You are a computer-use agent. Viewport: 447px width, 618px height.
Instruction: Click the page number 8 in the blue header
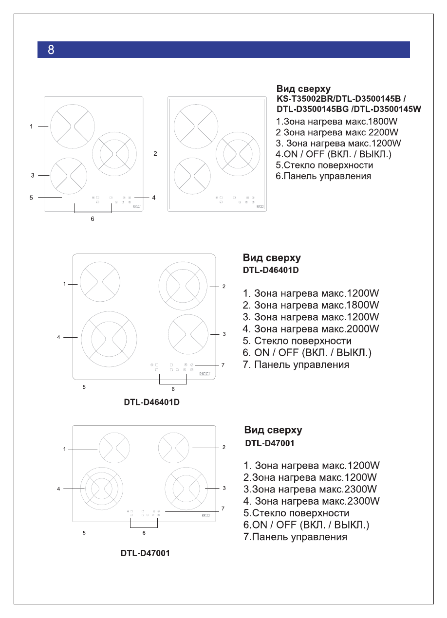click(x=51, y=50)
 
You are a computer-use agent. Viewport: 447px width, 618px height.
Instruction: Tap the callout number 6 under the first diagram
click(x=92, y=219)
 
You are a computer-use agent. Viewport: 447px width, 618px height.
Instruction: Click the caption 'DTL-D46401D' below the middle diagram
click(x=151, y=403)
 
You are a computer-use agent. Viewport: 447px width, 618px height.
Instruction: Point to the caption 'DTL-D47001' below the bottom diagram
click(x=145, y=553)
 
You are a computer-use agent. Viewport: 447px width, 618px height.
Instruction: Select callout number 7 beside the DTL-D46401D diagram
click(x=223, y=364)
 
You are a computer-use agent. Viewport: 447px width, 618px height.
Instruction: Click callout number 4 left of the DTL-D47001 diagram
click(x=58, y=489)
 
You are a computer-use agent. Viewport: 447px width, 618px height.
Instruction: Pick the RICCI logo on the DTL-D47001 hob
click(x=206, y=515)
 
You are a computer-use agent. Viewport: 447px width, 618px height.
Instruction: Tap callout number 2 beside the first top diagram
click(x=155, y=154)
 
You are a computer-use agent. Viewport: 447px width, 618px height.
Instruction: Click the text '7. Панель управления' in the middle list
click(x=296, y=364)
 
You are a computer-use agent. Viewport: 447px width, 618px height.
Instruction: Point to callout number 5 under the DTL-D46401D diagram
click(x=84, y=387)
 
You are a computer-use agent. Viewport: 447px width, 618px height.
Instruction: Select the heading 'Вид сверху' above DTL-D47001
click(x=273, y=430)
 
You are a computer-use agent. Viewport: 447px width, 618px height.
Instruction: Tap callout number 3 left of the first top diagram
click(x=32, y=175)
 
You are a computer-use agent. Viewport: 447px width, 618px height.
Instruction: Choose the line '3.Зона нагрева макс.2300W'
click(x=310, y=489)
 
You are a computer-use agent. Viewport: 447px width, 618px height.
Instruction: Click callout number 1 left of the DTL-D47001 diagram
click(x=64, y=450)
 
